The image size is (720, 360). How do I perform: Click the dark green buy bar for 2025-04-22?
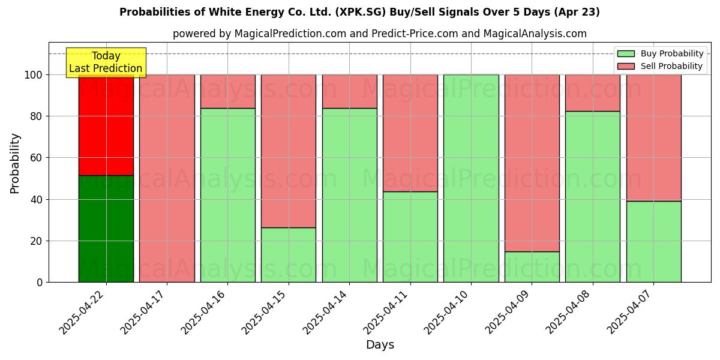tap(106, 229)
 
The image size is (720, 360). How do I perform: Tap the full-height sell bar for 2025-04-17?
tap(167, 178)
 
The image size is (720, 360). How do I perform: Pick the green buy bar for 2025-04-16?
tap(227, 195)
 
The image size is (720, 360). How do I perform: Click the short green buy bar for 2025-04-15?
tap(289, 254)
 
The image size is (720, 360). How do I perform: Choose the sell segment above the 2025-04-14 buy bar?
tap(349, 91)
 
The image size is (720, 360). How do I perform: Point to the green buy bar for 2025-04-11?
tap(410, 236)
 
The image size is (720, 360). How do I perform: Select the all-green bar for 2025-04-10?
tap(471, 178)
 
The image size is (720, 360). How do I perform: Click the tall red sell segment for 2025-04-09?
tap(532, 163)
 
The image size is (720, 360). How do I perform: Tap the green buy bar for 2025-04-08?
tap(593, 196)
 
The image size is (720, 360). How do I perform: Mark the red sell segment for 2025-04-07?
tap(653, 137)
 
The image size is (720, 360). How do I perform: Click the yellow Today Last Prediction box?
tap(106, 62)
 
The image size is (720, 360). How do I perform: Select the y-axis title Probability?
tap(15, 163)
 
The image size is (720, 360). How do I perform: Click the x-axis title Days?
tap(380, 345)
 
